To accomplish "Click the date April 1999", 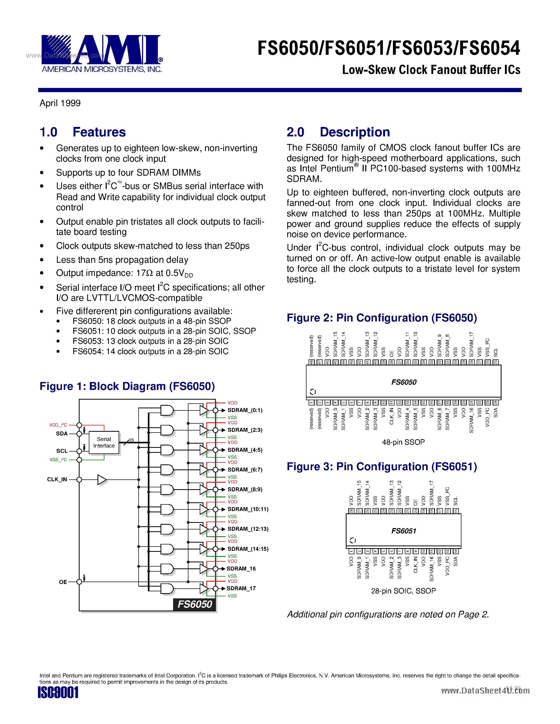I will (60, 103).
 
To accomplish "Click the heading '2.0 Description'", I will (338, 132).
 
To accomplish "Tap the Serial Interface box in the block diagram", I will (104, 442).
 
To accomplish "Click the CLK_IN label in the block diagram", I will (57, 479).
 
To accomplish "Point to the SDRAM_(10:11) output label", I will (247, 509).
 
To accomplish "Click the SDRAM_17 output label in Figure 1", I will (241, 588).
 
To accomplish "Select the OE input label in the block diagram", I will (63, 582).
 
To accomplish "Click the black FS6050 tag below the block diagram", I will (194, 604).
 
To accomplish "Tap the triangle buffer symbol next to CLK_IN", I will (102, 480).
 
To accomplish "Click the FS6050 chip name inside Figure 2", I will (404, 382).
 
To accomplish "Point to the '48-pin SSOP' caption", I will (403, 442).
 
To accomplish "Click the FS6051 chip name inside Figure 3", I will (403, 531).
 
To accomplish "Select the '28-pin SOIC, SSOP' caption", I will (403, 591).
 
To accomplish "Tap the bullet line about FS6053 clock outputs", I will (150, 341).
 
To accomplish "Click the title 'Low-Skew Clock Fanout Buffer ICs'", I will (431, 70).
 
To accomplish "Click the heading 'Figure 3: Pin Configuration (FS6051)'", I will (382, 467).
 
